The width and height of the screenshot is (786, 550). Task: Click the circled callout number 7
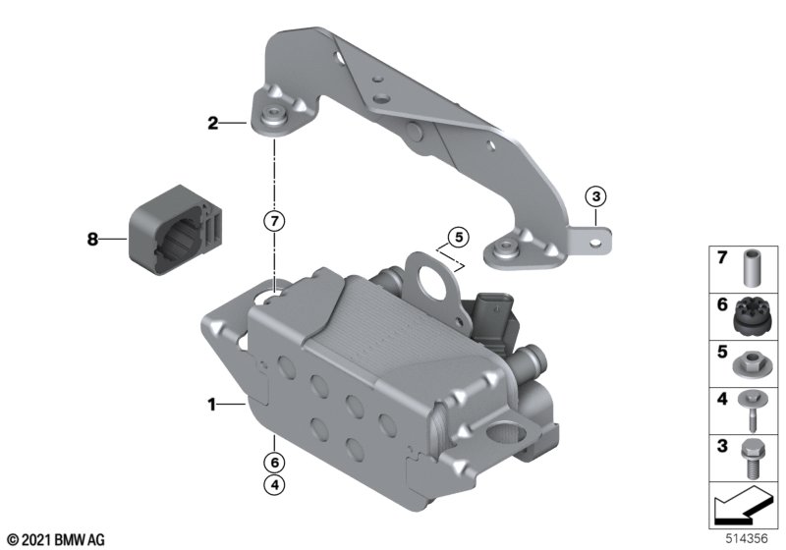(x=274, y=221)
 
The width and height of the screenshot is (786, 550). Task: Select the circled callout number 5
(x=459, y=237)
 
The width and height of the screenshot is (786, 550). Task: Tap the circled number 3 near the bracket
(x=596, y=196)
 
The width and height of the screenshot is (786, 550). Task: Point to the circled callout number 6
(x=274, y=463)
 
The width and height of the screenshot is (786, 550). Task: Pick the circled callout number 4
(x=274, y=484)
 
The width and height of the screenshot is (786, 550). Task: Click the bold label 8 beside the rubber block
(x=92, y=239)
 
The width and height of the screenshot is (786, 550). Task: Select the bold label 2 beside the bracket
(x=213, y=123)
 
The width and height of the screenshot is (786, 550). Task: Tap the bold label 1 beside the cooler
(x=212, y=404)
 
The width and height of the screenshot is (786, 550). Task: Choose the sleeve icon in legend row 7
(x=751, y=268)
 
